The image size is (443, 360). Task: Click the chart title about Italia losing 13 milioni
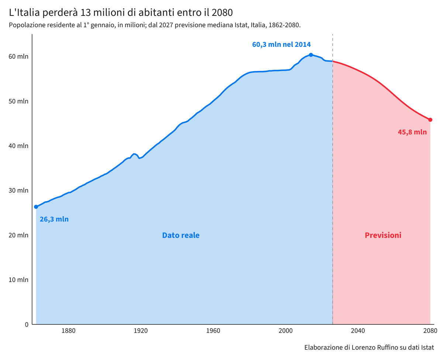tap(121, 13)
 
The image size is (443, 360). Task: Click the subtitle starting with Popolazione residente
tap(155, 25)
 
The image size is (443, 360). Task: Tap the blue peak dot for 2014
tap(311, 55)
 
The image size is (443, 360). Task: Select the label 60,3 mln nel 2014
tap(281, 45)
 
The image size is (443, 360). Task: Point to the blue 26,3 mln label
tap(54, 219)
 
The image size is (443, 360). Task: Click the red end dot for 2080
tap(430, 120)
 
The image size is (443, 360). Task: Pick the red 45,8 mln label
tap(412, 132)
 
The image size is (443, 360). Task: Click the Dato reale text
tap(181, 235)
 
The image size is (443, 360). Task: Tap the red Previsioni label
tap(383, 235)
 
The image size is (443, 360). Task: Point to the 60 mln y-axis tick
tap(18, 56)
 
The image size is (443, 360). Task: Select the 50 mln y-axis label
tap(18, 101)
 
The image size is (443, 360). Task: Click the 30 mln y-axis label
tap(18, 190)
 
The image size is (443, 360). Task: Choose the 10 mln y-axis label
tap(18, 280)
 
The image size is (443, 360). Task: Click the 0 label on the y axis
tap(27, 325)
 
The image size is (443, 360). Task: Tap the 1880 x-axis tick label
tap(68, 331)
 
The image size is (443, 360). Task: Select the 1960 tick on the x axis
tap(213, 331)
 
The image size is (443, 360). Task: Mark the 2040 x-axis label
tap(358, 331)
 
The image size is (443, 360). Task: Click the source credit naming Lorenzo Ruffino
tap(369, 347)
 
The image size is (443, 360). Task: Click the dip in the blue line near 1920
tap(139, 158)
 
